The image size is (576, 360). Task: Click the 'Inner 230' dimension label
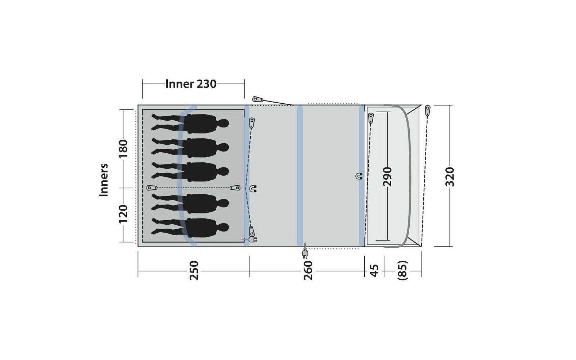pos(191,84)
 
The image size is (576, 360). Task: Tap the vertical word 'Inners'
pos(104,180)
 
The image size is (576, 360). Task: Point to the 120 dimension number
pos(123,214)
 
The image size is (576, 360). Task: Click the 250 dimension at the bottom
pos(194,270)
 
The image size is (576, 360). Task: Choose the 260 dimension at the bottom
pos(308,270)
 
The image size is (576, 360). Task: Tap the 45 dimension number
pos(374,270)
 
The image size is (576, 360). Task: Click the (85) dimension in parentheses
pos(403,270)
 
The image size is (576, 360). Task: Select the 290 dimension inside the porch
pos(387,176)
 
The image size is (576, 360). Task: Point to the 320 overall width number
pos(450,176)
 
